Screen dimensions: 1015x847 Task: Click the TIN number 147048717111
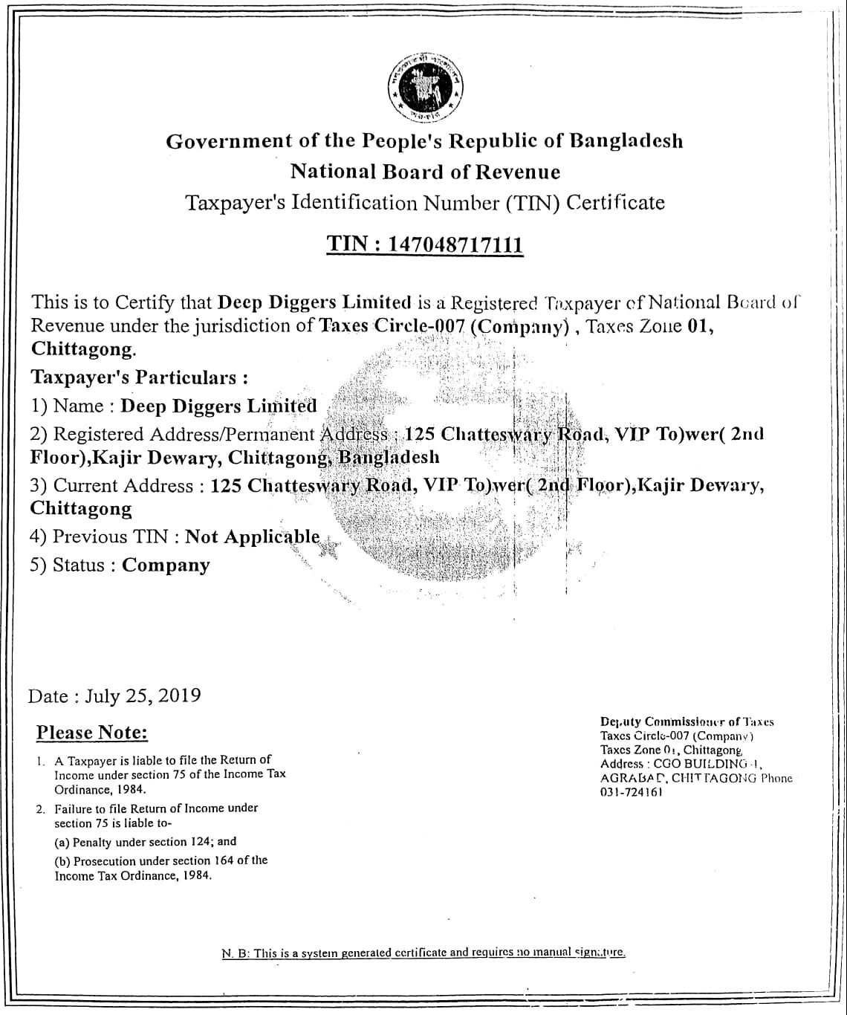tap(456, 244)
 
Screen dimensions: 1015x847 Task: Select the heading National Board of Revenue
tap(425, 172)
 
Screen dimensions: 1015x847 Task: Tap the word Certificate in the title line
tap(615, 202)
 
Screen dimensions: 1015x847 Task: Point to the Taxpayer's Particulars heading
tap(139, 377)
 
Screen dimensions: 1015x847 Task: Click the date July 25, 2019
tap(143, 695)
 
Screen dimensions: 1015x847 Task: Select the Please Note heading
tap(92, 733)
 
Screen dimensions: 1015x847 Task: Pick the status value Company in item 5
tap(166, 565)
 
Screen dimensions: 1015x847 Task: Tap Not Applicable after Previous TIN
tap(252, 536)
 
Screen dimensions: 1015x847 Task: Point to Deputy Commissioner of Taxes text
tap(687, 721)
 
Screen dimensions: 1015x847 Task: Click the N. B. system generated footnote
tap(423, 953)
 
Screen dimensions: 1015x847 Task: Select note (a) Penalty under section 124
tap(146, 842)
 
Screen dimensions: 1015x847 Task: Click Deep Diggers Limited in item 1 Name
tap(218, 406)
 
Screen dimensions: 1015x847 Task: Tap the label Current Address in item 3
tap(123, 485)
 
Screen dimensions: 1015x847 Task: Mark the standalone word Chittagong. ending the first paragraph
tap(84, 349)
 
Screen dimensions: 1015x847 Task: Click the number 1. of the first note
tap(40, 761)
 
